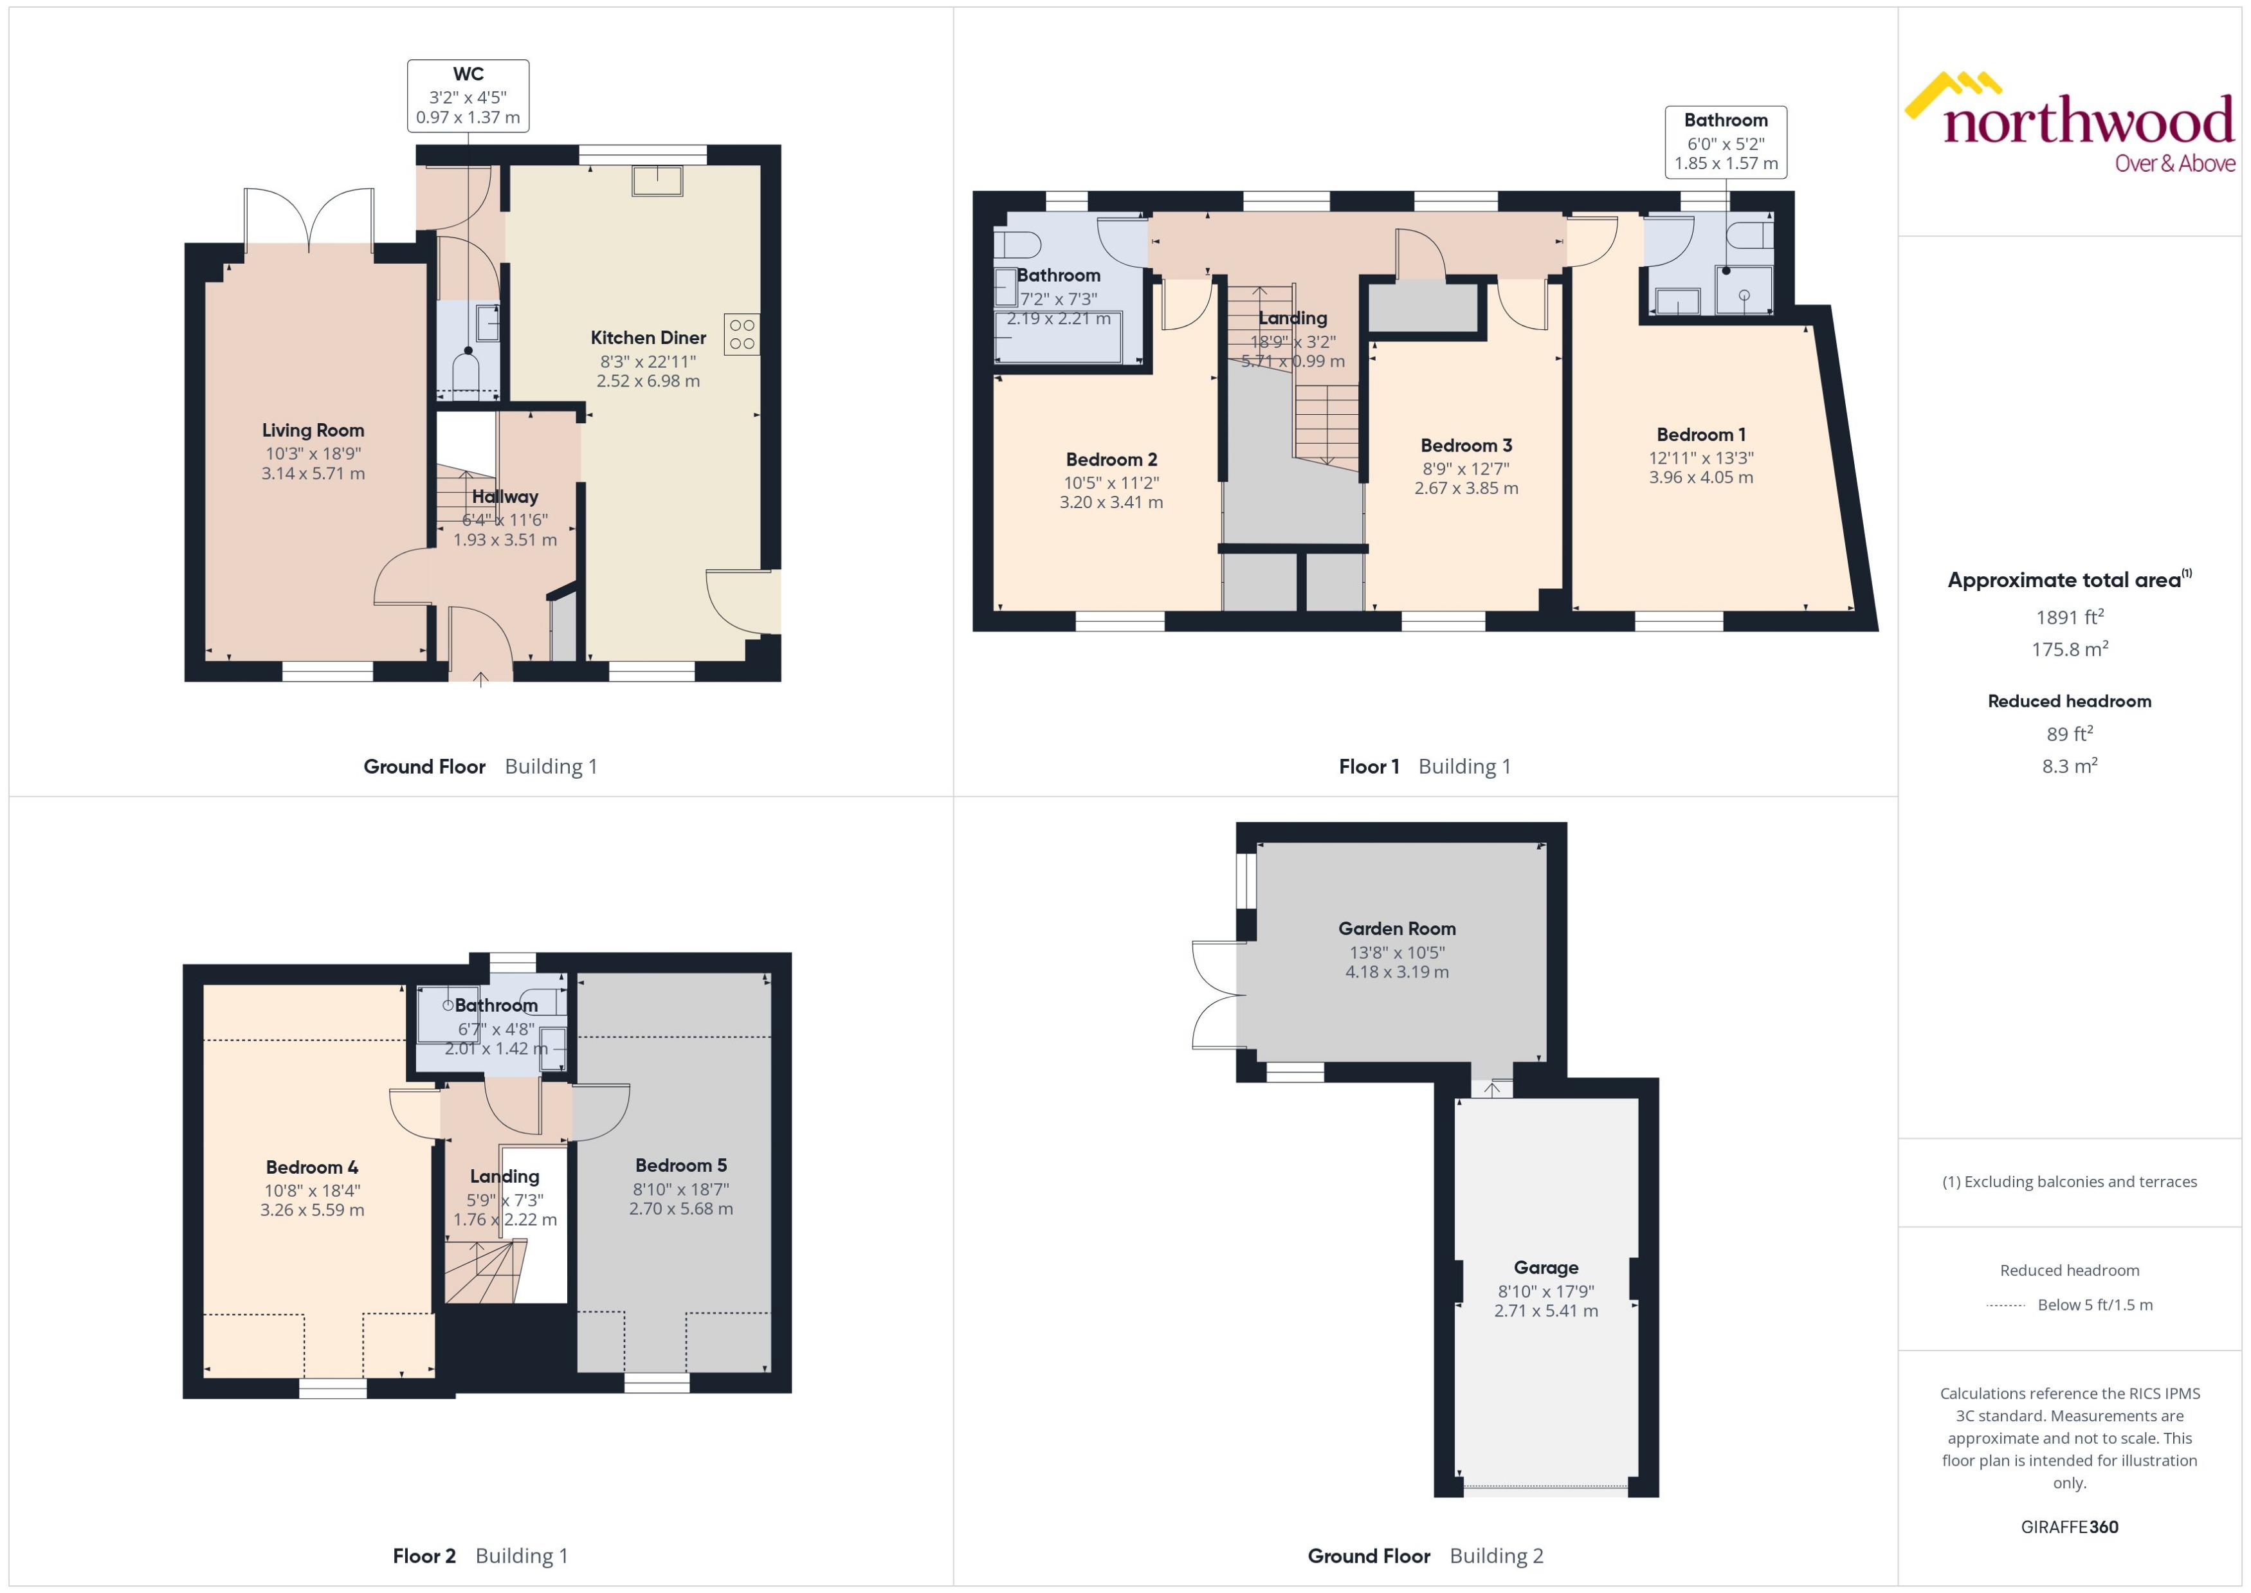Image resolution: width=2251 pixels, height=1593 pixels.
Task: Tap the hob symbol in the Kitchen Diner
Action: point(742,334)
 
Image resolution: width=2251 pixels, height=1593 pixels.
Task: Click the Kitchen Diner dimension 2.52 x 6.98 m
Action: point(648,381)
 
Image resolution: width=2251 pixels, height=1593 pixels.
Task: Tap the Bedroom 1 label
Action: point(1700,435)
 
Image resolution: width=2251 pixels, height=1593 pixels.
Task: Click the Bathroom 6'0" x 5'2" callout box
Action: point(1726,142)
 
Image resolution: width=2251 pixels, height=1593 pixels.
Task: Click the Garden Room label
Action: point(1397,928)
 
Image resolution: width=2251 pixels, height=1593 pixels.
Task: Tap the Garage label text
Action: point(1545,1268)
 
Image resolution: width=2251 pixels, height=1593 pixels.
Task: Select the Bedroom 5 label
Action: point(680,1165)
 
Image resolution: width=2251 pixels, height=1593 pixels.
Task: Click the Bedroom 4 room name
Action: point(312,1167)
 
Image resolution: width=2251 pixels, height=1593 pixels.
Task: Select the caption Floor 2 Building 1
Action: point(480,1555)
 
